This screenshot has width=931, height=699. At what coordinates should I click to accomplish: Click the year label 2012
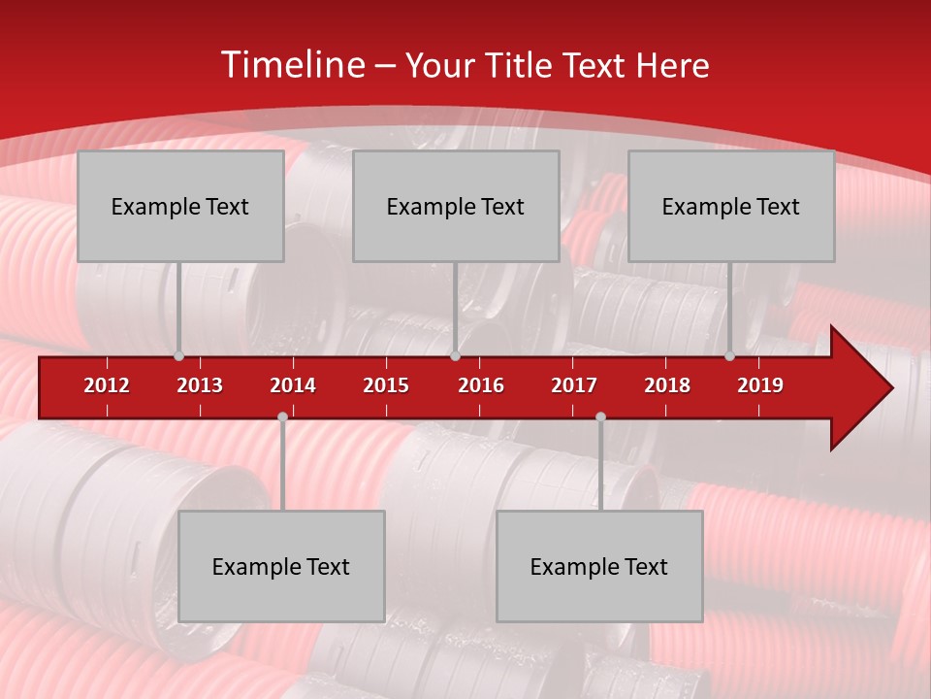pos(107,385)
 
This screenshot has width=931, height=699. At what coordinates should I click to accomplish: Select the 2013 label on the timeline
pos(200,385)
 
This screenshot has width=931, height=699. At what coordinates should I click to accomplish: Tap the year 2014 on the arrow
pos(293,385)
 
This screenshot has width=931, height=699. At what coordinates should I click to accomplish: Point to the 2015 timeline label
pos(386,385)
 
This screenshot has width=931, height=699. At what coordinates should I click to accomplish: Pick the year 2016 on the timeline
pos(481,385)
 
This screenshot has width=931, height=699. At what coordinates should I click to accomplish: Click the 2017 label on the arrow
pos(574,385)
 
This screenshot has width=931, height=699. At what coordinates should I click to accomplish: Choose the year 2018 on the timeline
pos(667,385)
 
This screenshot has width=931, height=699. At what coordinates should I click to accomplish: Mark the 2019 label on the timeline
pos(760,385)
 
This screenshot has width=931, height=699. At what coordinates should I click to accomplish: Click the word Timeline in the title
pos(290,65)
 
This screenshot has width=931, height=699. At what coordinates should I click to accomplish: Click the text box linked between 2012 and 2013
pos(180,206)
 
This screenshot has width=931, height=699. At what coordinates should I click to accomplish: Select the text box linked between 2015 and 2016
pos(456,206)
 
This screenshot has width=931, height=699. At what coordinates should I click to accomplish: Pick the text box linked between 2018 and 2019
pos(731,206)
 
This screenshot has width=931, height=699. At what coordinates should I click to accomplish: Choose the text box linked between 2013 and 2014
pos(281,566)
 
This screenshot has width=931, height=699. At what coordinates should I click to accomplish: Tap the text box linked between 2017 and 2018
pos(599,566)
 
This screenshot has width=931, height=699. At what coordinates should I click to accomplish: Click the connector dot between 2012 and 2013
pos(178,356)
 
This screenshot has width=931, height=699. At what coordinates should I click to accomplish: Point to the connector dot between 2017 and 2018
pos(600,417)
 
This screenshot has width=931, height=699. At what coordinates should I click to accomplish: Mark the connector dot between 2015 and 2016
pos(455,356)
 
